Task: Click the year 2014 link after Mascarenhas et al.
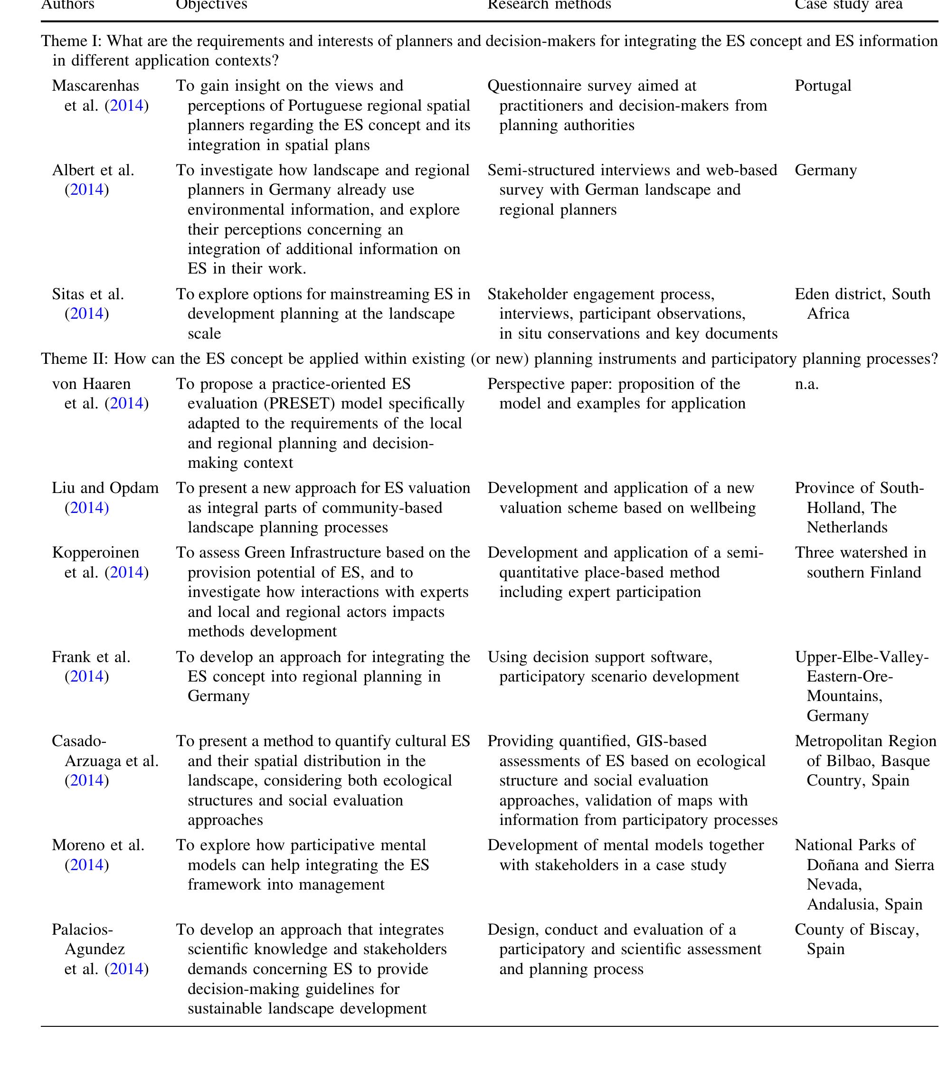pyautogui.click(x=127, y=106)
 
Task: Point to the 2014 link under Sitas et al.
pyautogui.click(x=86, y=314)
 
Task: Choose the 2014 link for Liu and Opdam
pyautogui.click(x=86, y=508)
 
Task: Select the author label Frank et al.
pyautogui.click(x=91, y=657)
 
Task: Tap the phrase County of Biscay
pyautogui.click(x=856, y=930)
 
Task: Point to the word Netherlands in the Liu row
pyautogui.click(x=847, y=528)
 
